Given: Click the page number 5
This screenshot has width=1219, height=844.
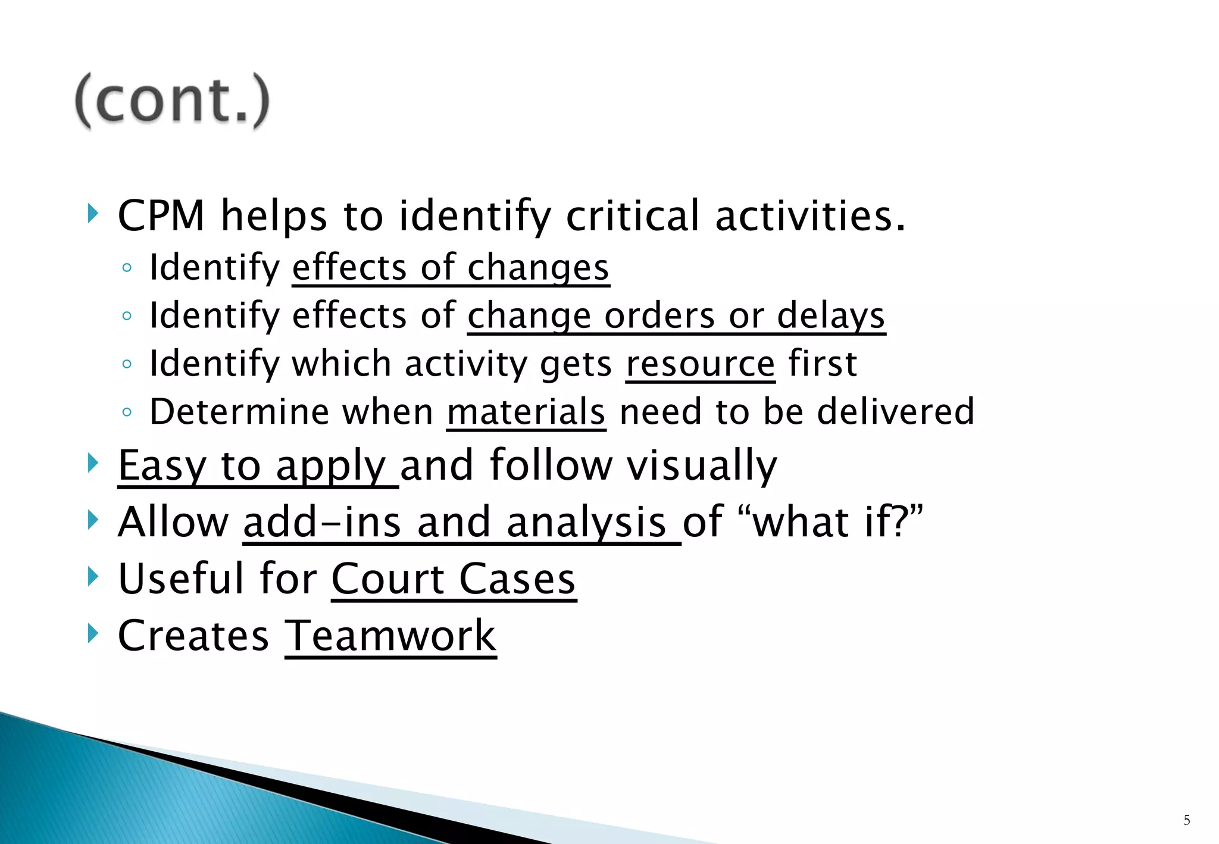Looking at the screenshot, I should (x=1186, y=820).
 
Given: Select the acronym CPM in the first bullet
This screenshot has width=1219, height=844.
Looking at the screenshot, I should (x=161, y=215).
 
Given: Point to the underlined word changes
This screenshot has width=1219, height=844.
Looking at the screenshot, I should (x=537, y=268).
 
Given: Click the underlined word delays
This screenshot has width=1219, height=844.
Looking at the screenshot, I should (x=831, y=315).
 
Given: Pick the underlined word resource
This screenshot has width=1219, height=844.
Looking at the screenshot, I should (x=700, y=364).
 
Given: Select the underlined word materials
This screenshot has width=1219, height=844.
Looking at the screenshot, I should (x=526, y=412).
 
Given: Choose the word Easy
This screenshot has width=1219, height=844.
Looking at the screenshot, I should (x=162, y=465).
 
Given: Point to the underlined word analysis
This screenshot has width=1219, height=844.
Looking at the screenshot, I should (x=586, y=522).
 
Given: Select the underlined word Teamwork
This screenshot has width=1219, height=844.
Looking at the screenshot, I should (x=390, y=636).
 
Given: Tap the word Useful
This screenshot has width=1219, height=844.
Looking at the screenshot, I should (x=181, y=579).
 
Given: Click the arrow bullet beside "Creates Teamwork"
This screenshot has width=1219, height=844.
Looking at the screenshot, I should (x=93, y=633).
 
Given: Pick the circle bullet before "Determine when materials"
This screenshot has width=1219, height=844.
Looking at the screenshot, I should (x=126, y=412).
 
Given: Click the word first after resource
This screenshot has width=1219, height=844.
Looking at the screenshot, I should (x=822, y=364).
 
